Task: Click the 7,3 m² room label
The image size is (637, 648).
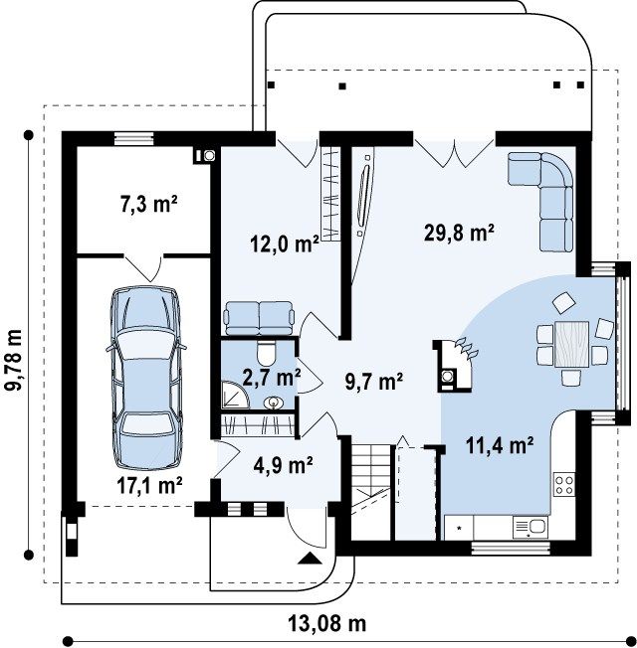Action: tap(149, 204)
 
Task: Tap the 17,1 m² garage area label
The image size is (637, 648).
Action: tap(149, 485)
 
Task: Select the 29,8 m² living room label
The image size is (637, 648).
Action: tap(460, 233)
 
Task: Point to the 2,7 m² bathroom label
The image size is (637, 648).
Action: tap(271, 378)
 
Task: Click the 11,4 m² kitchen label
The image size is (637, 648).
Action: tap(500, 445)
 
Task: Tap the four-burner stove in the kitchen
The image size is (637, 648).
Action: tap(563, 485)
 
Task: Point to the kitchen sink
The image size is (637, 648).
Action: tap(531, 528)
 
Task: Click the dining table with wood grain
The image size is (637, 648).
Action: tap(571, 344)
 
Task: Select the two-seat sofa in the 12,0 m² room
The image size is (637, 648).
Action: tap(259, 317)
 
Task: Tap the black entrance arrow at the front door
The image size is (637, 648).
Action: tap(310, 558)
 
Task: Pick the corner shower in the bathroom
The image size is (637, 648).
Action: tap(235, 396)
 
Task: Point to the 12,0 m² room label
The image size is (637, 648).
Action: tap(285, 243)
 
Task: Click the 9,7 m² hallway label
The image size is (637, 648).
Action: tap(374, 382)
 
